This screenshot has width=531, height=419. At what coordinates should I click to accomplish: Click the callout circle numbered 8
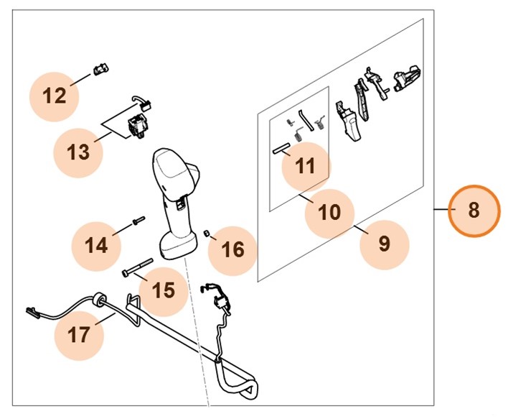(x=474, y=211)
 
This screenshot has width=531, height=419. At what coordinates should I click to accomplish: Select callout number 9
(x=384, y=243)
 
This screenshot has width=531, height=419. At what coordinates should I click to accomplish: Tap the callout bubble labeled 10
(x=329, y=212)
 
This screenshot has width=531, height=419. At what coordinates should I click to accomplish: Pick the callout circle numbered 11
(x=306, y=166)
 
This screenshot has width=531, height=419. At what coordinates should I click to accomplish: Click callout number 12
(x=54, y=95)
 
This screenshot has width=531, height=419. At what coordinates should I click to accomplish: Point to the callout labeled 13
(x=78, y=152)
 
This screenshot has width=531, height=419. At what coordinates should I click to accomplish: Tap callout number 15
(x=164, y=290)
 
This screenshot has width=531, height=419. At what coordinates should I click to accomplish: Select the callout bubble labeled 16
(x=233, y=249)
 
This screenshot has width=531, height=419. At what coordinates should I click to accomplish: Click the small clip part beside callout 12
(x=100, y=70)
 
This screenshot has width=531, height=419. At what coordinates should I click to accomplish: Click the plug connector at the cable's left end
(x=30, y=312)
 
